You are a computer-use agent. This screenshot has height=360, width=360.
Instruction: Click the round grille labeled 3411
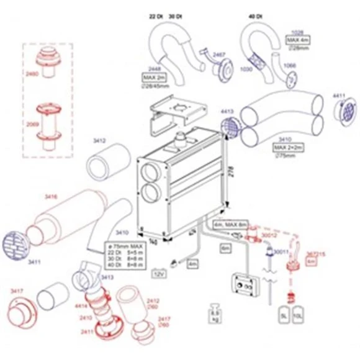pos(17,246)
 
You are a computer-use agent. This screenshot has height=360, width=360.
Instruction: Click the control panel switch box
pos(241,285)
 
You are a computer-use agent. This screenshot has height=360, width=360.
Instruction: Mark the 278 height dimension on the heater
pos(230,169)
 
